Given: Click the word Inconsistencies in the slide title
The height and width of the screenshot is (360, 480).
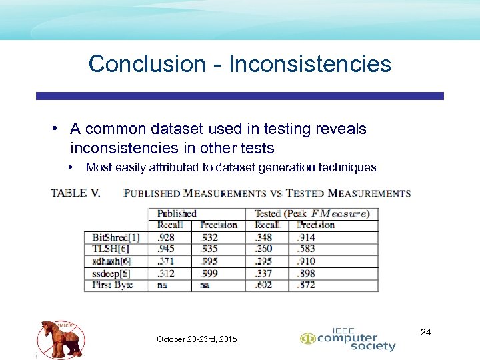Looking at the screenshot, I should [x=310, y=64].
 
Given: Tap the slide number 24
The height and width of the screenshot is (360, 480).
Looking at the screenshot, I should [x=426, y=331].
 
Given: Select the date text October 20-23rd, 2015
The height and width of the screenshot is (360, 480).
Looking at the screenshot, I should [x=197, y=340].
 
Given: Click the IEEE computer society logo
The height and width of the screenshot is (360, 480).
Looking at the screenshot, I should [x=348, y=340].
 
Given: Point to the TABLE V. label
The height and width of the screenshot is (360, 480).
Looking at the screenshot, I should [x=75, y=193].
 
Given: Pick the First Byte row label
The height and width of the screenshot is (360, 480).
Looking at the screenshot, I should [x=113, y=285].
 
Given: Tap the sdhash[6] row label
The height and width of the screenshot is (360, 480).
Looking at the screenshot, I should [x=112, y=261].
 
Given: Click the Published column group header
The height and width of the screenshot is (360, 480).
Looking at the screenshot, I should [x=177, y=214].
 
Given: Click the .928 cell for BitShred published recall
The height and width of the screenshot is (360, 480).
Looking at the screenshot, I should [x=167, y=237].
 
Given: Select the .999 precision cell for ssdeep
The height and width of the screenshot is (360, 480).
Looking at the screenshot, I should [x=209, y=273].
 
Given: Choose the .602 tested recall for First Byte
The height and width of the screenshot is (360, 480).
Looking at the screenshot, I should [x=263, y=285].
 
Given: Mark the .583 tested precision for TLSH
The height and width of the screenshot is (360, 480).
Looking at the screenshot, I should [x=307, y=249].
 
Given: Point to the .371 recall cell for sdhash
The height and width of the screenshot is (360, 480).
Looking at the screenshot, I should [x=167, y=261].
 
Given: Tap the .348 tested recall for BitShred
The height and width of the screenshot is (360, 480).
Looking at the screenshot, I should [x=263, y=237].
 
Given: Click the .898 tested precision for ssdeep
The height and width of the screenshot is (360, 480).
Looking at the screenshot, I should [x=307, y=273].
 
